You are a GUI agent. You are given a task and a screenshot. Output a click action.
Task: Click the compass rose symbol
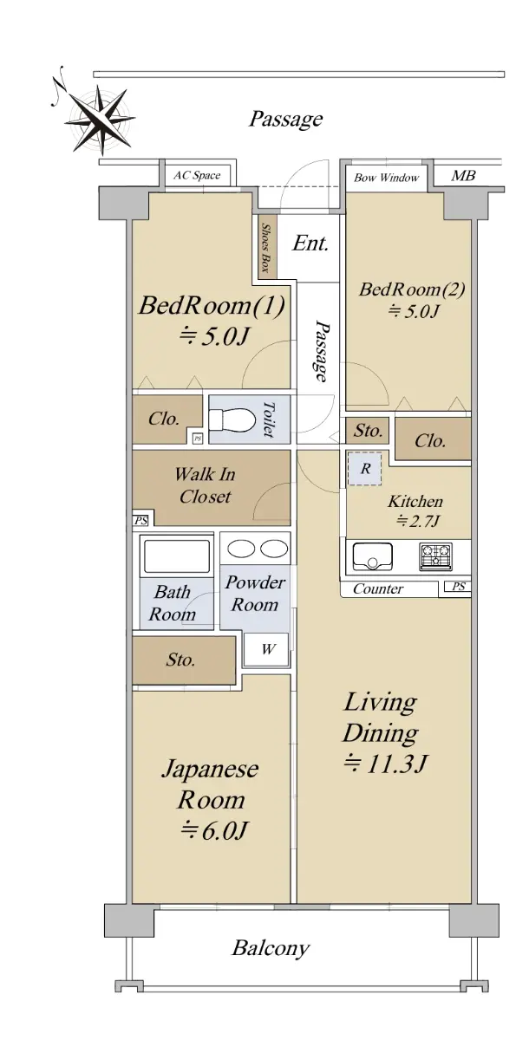coord(99,119)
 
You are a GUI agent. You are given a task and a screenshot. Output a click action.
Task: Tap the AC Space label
coord(197,175)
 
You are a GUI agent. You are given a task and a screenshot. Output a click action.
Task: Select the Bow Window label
coord(387,178)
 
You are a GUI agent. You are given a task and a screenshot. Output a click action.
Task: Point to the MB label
coord(463,175)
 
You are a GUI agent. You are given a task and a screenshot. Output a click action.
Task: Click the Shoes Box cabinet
coord(268,247)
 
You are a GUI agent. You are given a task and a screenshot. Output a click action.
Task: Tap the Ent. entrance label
coord(310,244)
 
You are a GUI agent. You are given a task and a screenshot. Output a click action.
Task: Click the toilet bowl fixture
coord(232,419)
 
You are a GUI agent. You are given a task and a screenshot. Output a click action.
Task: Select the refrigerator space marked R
coord(365,469)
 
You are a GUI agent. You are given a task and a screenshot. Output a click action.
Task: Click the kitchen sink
coord(373,556)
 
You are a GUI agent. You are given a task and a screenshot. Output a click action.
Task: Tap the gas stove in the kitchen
coord(435,556)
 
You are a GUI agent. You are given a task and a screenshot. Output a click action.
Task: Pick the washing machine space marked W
coord(267,648)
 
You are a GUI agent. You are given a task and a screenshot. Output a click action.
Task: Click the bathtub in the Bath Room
coord(177,556)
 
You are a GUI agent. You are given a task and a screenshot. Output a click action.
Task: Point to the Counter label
coord(377,588)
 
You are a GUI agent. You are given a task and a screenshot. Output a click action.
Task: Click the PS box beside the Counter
coord(458,587)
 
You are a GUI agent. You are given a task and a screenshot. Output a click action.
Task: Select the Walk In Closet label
coord(205,485)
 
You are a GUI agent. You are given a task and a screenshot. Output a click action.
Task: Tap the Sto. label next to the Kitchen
coord(368,431)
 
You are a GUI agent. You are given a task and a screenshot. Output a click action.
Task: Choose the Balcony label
coord(271,947)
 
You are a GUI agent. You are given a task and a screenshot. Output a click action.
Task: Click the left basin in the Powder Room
coord(240,549)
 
